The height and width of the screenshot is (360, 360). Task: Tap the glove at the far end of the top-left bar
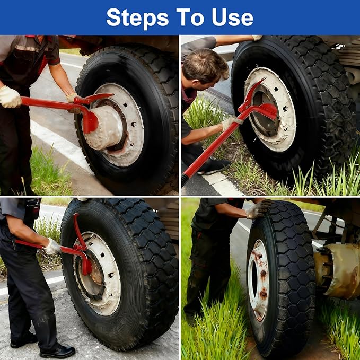[x=10, y=97]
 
